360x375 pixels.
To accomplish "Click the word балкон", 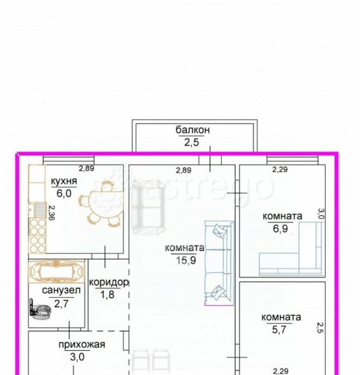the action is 193,130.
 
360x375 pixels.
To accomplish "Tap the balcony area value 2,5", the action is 191,143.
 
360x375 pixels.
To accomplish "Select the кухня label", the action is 64,181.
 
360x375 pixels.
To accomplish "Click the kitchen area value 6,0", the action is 64,193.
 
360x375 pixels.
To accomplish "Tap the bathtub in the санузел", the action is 57,271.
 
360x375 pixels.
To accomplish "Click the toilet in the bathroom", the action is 40,310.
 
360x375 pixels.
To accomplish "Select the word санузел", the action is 61,290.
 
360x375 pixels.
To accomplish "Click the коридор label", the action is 109,283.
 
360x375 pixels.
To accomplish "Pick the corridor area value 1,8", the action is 107,294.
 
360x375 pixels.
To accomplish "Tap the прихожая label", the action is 82,345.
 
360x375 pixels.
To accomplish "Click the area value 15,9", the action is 186,260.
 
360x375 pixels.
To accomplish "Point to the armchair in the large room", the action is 148,208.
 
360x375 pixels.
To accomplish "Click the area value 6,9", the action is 280,228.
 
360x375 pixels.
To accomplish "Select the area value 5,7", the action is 279,330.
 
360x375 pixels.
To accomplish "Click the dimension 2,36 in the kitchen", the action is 51,213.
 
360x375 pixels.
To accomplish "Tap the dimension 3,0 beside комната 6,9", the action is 321,214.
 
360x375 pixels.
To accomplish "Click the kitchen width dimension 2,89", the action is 87,168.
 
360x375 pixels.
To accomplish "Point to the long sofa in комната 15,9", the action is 219,263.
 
